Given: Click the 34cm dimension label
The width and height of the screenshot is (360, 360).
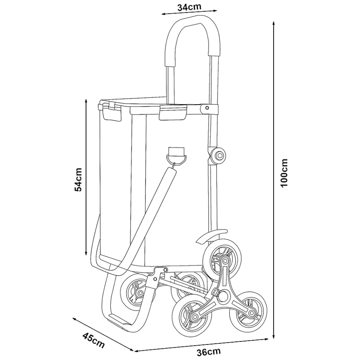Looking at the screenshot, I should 189,7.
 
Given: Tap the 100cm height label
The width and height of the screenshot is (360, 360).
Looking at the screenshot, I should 284,173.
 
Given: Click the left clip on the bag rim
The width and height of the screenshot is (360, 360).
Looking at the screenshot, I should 112,112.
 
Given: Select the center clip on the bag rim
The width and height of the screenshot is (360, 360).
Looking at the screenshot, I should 173,112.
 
